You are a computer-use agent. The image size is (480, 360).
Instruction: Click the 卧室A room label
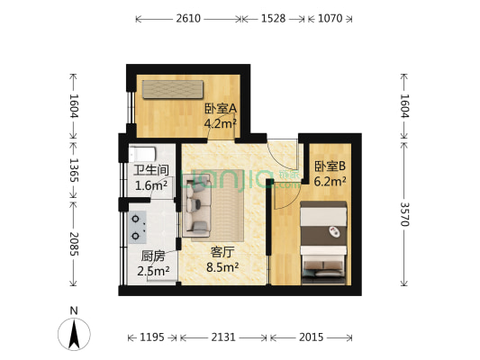220,109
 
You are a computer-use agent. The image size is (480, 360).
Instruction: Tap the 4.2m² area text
220,124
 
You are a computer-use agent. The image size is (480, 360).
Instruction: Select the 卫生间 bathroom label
150,171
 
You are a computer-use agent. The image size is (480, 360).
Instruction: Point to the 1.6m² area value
150,186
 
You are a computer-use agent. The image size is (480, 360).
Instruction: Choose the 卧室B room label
331,166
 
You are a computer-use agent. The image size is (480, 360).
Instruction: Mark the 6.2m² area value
331,181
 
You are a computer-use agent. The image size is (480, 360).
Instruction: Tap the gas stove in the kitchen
139,228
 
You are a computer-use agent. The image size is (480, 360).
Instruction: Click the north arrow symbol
75,336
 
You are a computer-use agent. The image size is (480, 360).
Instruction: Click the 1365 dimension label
73,169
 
